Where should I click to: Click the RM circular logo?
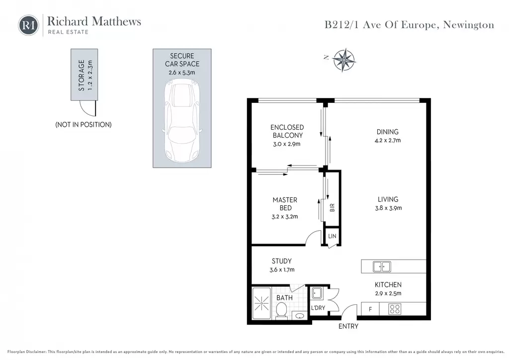(x=28, y=25)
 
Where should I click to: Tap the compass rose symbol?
(x=344, y=60)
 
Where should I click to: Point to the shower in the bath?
(x=261, y=304)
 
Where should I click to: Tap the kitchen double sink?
(x=382, y=267)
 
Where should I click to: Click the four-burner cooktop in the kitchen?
(x=395, y=309)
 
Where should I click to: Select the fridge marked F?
(x=370, y=309)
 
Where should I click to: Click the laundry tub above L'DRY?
(x=317, y=293)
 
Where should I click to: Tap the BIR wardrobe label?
(x=332, y=208)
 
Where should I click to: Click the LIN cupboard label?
(x=332, y=236)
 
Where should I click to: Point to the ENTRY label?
(x=348, y=326)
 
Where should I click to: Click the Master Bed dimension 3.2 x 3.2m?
(x=285, y=216)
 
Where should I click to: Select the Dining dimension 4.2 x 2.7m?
(x=388, y=140)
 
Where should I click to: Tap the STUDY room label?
(x=282, y=261)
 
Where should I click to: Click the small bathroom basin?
(x=300, y=316)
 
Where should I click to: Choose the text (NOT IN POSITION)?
(x=84, y=125)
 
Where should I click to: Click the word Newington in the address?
(x=468, y=25)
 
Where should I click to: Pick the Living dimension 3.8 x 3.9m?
(x=388, y=208)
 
